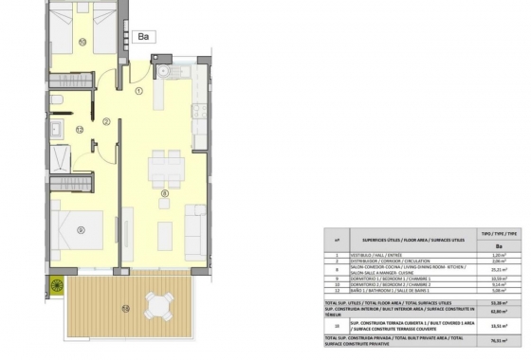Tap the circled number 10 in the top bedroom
click(82, 42)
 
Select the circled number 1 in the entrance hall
click(138, 92)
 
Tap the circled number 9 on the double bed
click(82, 228)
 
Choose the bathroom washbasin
click(57, 130)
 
